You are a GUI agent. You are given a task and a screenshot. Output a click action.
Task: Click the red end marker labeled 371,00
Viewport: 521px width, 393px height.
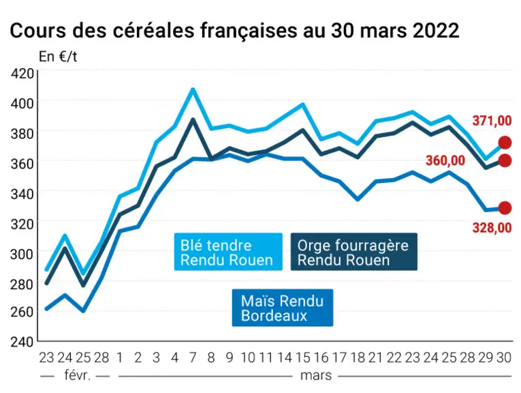click(x=505, y=143)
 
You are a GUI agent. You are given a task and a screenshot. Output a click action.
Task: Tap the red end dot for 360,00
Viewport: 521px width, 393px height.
click(x=505, y=161)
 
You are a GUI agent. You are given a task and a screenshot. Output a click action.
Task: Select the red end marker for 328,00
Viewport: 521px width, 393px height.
click(x=505, y=208)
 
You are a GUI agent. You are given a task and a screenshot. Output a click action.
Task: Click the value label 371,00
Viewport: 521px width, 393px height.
click(x=492, y=121)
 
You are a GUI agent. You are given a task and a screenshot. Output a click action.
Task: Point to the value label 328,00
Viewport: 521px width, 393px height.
click(x=492, y=228)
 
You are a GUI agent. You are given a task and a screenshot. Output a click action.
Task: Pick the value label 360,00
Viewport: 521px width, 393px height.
click(x=445, y=161)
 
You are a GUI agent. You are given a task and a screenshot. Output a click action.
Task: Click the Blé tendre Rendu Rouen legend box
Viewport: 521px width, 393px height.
click(x=228, y=252)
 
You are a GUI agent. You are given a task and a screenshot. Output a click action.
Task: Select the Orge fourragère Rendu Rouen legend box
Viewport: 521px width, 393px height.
click(x=354, y=252)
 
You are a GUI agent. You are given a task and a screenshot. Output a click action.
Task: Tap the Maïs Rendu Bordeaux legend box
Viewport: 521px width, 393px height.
click(x=283, y=308)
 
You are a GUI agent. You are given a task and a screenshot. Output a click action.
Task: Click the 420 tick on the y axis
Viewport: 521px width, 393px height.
click(x=22, y=73)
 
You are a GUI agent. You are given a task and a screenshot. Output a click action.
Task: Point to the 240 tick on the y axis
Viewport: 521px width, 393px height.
click(x=22, y=342)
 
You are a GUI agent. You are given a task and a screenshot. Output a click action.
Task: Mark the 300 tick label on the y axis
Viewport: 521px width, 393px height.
click(x=22, y=254)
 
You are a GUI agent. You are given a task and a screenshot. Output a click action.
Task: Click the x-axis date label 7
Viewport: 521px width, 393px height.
click(x=193, y=358)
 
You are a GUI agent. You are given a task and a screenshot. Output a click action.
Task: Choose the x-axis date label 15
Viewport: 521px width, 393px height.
click(x=302, y=358)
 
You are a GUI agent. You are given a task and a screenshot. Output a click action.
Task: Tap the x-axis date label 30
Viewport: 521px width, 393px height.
click(x=504, y=358)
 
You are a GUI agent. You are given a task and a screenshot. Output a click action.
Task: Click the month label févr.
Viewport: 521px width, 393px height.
click(x=77, y=375)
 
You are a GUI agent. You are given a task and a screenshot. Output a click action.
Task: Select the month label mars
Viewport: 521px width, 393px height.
click(x=316, y=376)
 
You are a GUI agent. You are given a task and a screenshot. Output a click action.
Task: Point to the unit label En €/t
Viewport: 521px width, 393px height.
click(x=58, y=57)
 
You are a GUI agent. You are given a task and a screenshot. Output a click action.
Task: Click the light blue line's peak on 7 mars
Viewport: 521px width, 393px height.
click(x=193, y=89)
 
